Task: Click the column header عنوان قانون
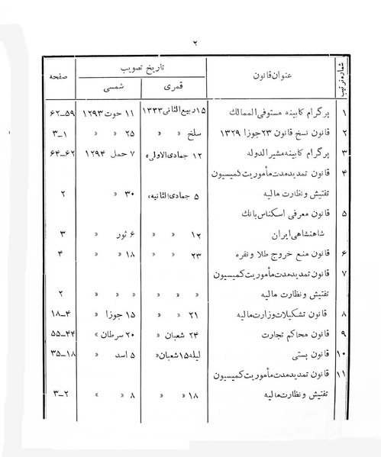click(x=271, y=76)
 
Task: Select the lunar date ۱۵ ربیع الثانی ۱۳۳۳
click(x=179, y=114)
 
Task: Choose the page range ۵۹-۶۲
click(x=59, y=114)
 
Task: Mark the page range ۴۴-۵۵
click(x=58, y=333)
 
